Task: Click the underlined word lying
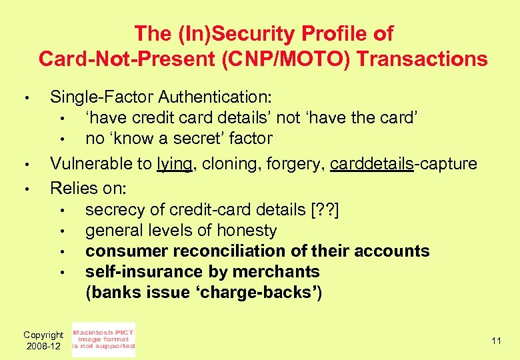click(x=175, y=164)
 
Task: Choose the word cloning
click(x=226, y=164)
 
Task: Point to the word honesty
click(x=244, y=231)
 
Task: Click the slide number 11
click(x=495, y=341)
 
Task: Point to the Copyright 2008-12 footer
click(x=43, y=341)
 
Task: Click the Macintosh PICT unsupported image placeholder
click(x=103, y=339)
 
